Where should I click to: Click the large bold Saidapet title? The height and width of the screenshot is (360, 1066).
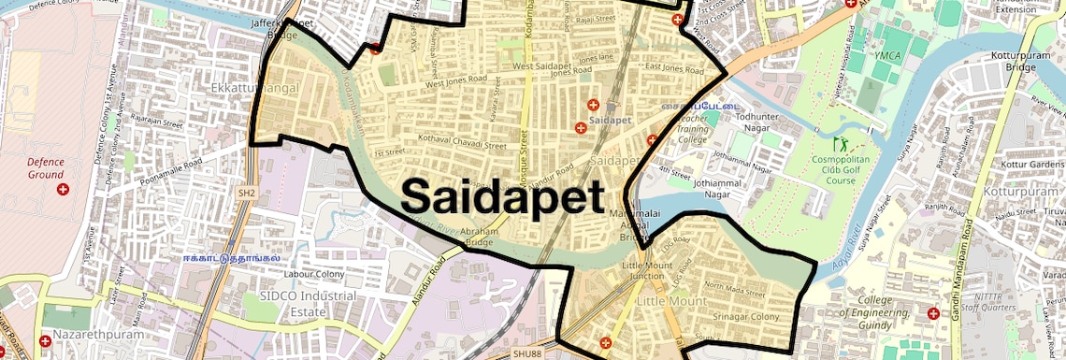[x=502, y=196]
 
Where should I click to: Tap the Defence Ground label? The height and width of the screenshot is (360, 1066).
[x=46, y=167]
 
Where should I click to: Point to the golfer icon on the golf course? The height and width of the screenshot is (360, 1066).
[x=839, y=145]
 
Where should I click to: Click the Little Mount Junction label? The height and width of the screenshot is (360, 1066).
[x=647, y=271]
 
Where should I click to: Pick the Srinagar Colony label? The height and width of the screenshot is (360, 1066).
[x=745, y=317]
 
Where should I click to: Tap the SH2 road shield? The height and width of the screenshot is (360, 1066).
[x=246, y=193]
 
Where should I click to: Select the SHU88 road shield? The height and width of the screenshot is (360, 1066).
[x=526, y=354]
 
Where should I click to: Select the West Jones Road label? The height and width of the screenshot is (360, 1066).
[x=457, y=83]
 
